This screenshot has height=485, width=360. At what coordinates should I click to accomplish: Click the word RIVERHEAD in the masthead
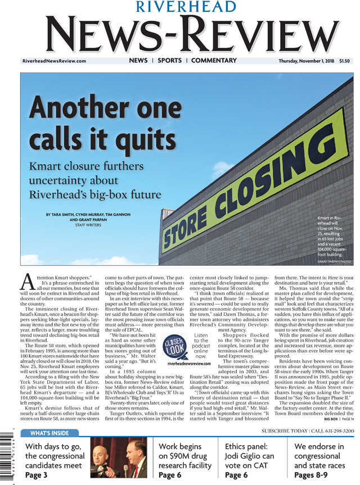tap(179, 7)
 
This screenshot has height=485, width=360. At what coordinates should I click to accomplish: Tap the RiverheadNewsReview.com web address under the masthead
tap(54, 61)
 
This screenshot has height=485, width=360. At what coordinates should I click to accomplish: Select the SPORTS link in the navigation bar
tap(169, 61)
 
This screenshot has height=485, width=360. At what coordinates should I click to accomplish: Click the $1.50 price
tap(344, 61)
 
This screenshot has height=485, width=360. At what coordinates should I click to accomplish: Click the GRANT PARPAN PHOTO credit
tap(334, 261)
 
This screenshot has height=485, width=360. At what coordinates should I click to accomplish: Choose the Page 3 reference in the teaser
tap(37, 475)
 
